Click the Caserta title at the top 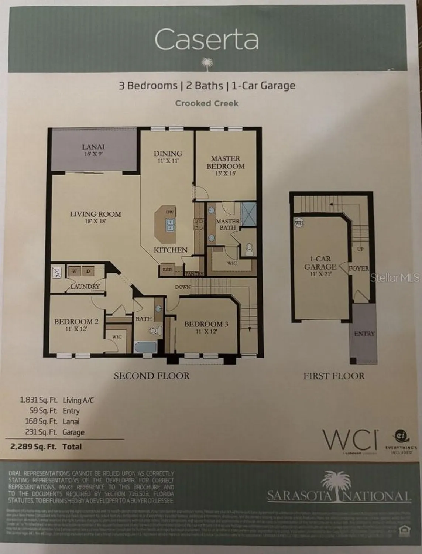pos(206,40)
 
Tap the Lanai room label pos(93,150)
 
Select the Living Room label pos(96,217)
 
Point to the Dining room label pos(168,156)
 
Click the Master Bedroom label pos(226,165)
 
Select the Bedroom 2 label pos(76,324)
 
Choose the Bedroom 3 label pos(206,327)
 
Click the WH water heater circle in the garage pos(298,223)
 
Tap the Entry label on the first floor pos(364,334)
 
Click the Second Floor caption pos(151,376)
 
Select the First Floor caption pos(334,376)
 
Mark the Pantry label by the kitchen pos(194,274)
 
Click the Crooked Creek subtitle pos(207,103)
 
